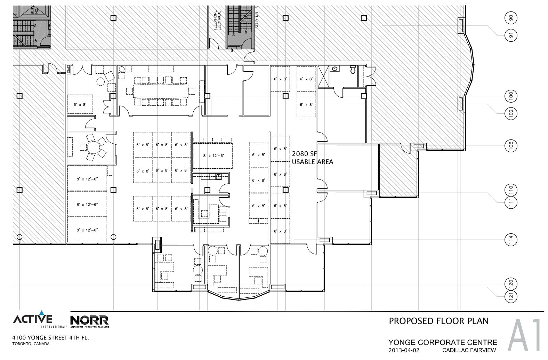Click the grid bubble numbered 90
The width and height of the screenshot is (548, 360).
tap(511, 18)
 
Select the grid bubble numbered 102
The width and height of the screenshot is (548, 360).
tap(511, 113)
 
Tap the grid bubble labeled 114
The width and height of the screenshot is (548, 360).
tap(511, 239)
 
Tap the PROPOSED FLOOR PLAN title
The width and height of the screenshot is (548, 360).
tap(438, 321)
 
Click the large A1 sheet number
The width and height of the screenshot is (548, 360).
tap(525, 336)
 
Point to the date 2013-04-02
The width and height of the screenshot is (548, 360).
tap(401, 350)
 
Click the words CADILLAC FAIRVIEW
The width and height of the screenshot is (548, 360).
tap(469, 350)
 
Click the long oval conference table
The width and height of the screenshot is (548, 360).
tap(160, 91)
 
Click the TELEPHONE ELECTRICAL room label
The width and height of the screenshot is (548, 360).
tap(217, 21)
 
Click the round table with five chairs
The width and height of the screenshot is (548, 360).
tap(93, 147)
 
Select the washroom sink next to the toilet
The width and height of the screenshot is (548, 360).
tap(335, 69)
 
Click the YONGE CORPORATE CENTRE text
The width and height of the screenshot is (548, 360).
tap(443, 343)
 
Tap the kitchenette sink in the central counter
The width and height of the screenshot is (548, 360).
tap(218, 176)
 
